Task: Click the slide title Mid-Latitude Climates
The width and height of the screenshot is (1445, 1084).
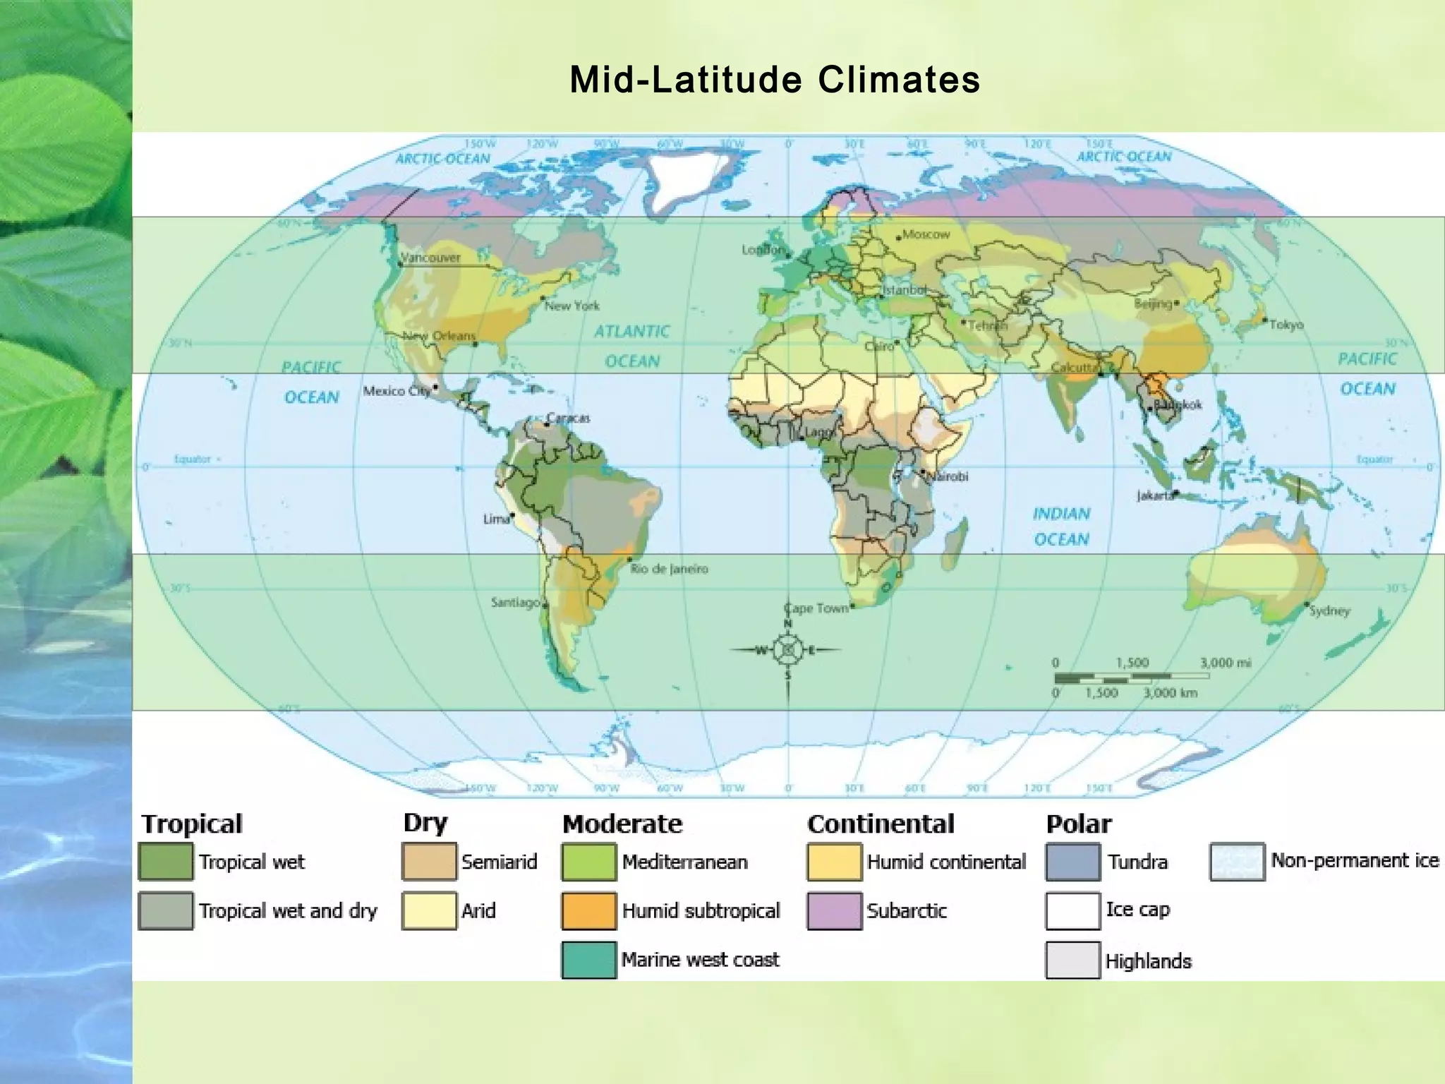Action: click(775, 79)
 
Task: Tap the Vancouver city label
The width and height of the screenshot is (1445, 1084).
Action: click(430, 258)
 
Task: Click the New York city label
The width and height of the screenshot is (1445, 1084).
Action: click(572, 306)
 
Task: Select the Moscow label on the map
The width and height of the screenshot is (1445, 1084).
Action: click(926, 234)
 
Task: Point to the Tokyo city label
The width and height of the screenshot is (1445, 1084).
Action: click(1286, 325)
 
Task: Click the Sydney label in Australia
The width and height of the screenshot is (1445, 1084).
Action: click(1329, 610)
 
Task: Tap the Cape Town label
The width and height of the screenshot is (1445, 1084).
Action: click(816, 608)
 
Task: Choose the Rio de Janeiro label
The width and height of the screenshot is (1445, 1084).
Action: click(669, 569)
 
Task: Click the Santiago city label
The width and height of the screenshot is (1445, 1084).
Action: click(515, 603)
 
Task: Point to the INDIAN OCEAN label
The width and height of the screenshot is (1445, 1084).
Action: click(1061, 526)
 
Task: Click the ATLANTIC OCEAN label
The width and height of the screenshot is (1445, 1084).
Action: click(632, 346)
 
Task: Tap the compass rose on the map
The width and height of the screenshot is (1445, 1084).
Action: click(787, 650)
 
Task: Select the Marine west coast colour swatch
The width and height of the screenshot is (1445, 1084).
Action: click(588, 960)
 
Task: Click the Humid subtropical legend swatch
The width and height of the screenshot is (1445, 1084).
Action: click(588, 911)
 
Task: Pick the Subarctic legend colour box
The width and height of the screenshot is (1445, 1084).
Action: click(834, 911)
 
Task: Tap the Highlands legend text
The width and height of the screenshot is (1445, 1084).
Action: click(1147, 961)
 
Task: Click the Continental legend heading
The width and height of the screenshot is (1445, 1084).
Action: click(881, 824)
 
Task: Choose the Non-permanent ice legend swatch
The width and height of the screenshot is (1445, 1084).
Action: click(1236, 862)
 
